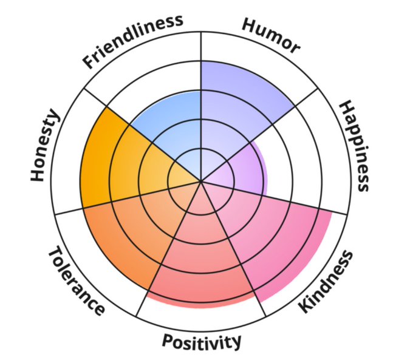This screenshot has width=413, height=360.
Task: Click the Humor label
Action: pyautogui.click(x=271, y=36)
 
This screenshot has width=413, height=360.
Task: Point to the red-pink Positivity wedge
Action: pyautogui.click(x=201, y=261)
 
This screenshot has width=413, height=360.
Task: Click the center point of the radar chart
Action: pyautogui.click(x=201, y=181)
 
